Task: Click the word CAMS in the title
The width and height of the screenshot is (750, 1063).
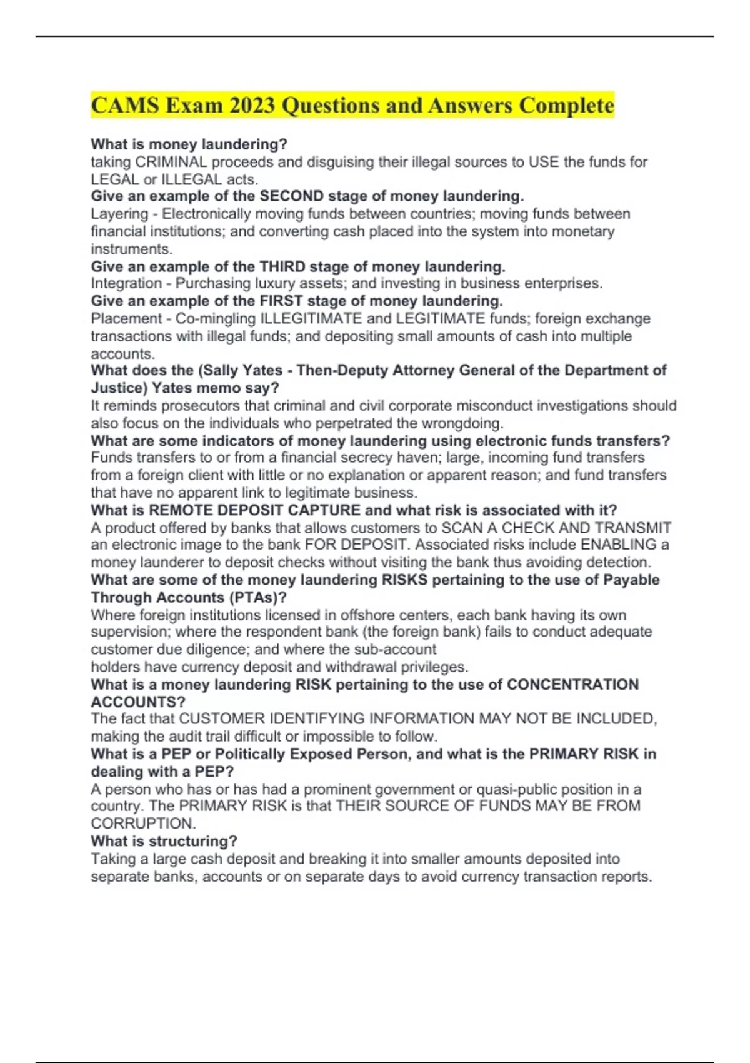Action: coord(125,106)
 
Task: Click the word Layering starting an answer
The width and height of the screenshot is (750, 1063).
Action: coord(119,214)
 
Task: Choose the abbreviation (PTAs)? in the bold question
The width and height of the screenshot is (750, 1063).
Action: coord(257,597)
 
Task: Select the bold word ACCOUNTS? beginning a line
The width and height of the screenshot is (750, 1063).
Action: coord(138,702)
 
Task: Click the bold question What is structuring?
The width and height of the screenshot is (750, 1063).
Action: coord(164,841)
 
